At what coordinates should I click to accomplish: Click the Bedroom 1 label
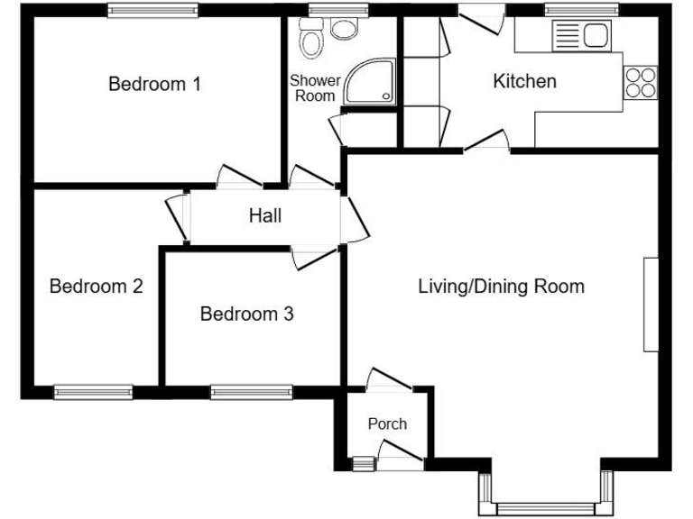click(x=154, y=85)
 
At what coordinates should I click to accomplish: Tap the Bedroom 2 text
click(x=96, y=287)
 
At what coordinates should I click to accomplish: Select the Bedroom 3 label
click(x=246, y=314)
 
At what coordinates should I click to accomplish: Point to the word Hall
click(x=265, y=216)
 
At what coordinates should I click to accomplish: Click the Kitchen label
click(x=524, y=82)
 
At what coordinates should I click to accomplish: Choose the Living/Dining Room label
click(x=501, y=287)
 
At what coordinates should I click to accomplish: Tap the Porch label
click(x=387, y=423)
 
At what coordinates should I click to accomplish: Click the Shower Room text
click(x=314, y=88)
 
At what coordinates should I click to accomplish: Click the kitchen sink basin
click(x=595, y=36)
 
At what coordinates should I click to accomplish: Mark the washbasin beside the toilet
click(x=343, y=29)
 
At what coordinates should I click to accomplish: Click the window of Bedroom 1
click(x=152, y=11)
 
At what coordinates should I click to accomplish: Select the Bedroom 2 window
click(x=93, y=392)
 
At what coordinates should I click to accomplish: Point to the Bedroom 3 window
click(x=251, y=392)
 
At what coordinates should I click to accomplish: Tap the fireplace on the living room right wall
click(x=651, y=304)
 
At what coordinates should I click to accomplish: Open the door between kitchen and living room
click(x=487, y=144)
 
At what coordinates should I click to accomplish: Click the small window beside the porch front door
click(x=361, y=465)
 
